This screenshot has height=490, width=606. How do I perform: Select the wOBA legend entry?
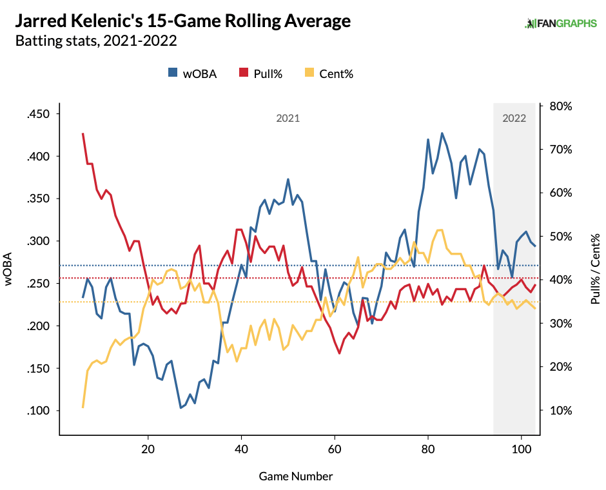coord(192,73)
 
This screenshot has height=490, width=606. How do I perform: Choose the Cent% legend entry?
coord(329,73)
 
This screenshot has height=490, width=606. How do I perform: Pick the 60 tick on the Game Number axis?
coord(334,449)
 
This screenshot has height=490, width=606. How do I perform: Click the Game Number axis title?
coord(296,476)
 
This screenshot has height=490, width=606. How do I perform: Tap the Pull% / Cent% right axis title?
coord(594,269)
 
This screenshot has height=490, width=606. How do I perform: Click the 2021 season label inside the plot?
coord(288,119)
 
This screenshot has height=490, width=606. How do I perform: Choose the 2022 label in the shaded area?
coord(514,119)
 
